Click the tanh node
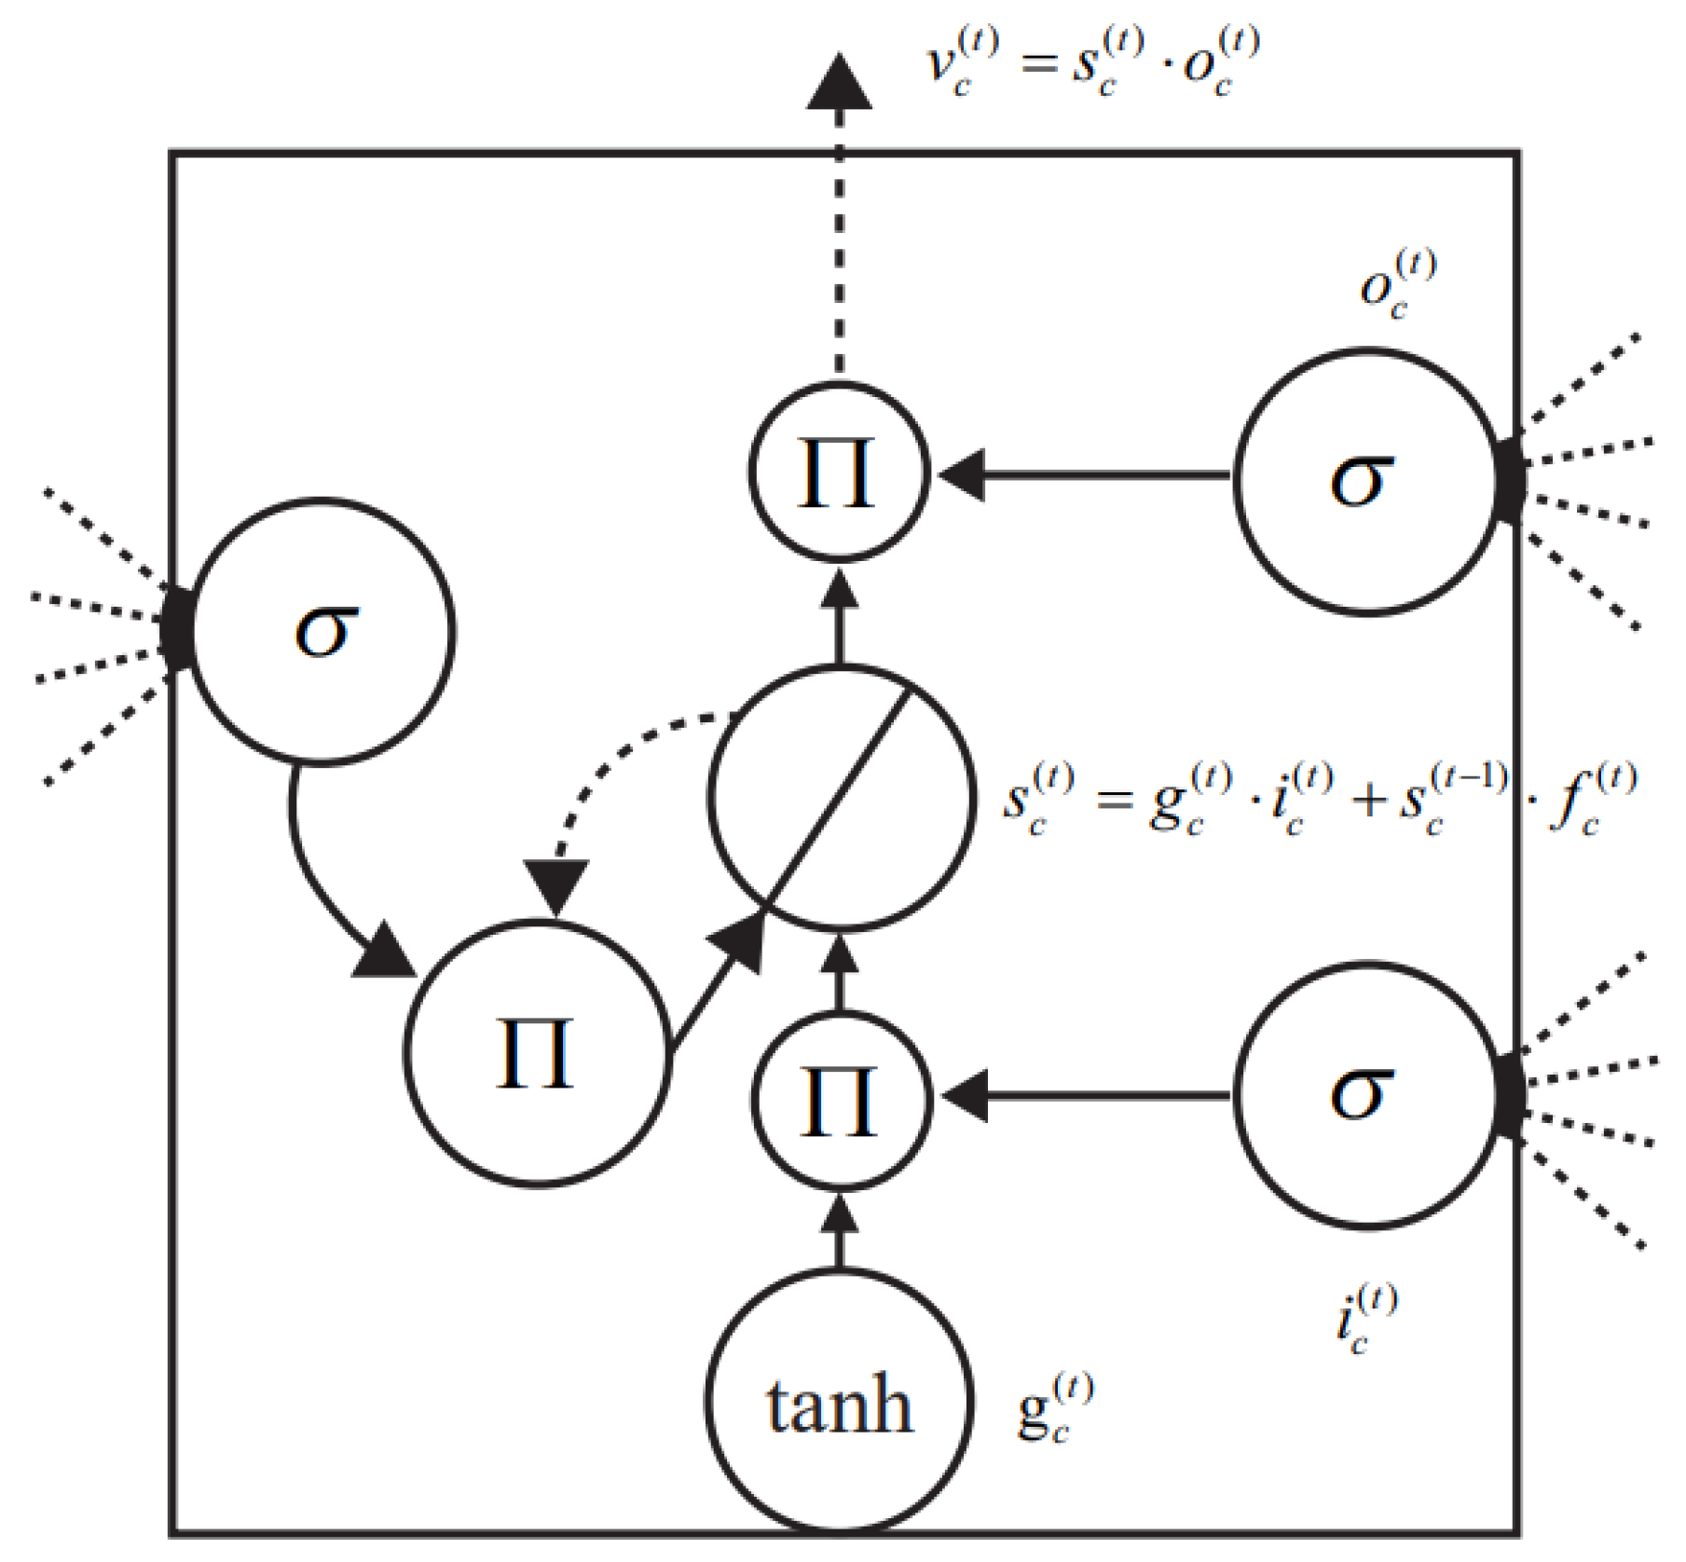pyautogui.click(x=839, y=1404)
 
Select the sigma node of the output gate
pyautogui.click(x=1366, y=481)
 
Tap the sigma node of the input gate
pyautogui.click(x=1366, y=1094)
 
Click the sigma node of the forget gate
pyautogui.click(x=322, y=632)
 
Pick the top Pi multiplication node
pyautogui.click(x=839, y=473)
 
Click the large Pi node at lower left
pyautogui.click(x=538, y=1053)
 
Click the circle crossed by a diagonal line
pyautogui.click(x=841, y=798)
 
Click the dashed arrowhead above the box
pyautogui.click(x=839, y=84)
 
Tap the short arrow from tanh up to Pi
pyautogui.click(x=841, y=1230)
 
